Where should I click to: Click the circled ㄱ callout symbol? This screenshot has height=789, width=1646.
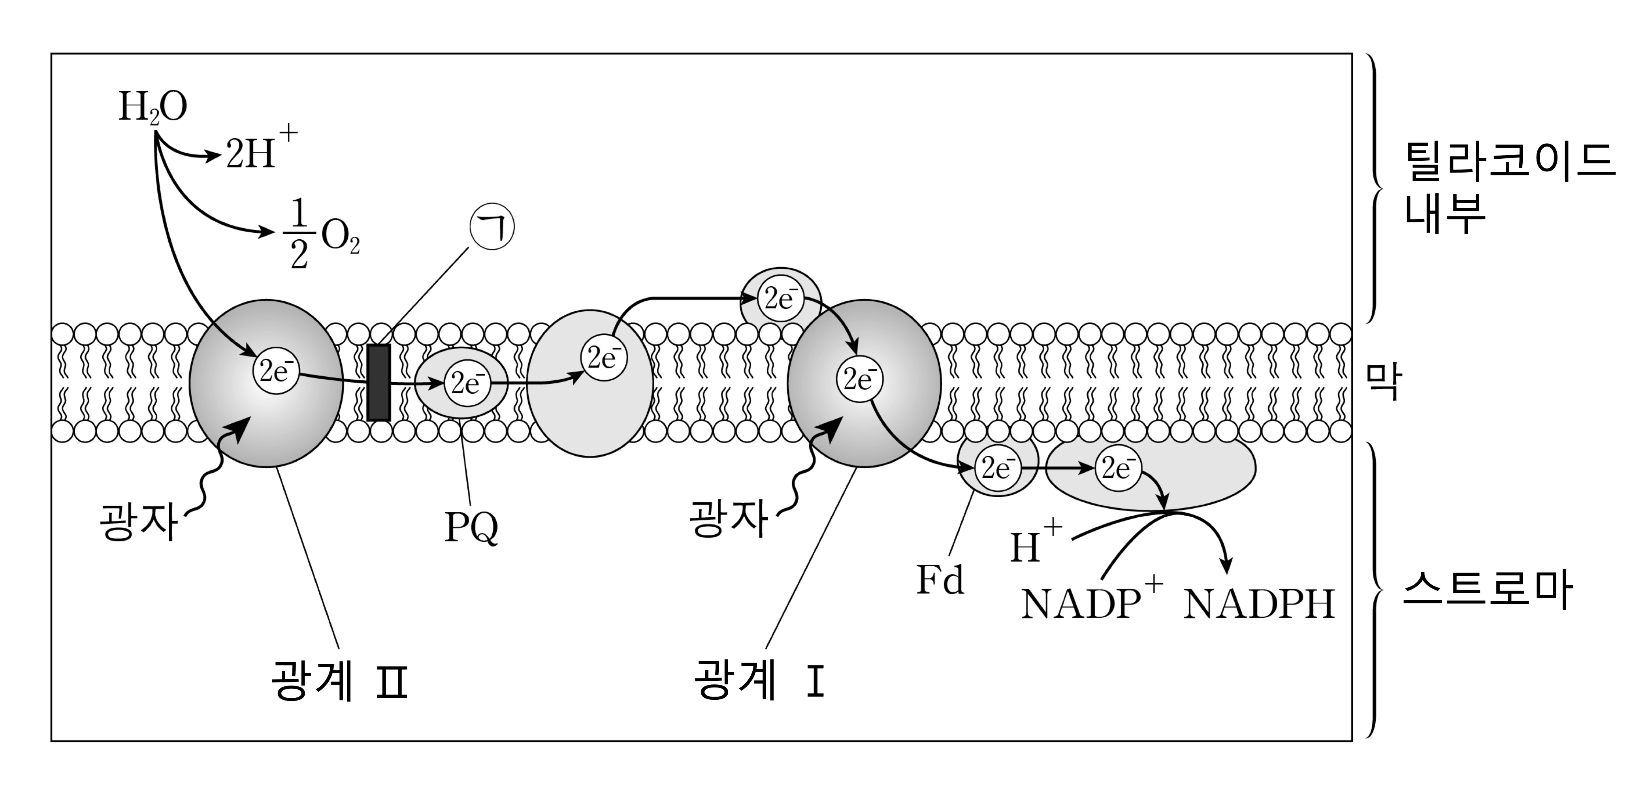click(x=492, y=228)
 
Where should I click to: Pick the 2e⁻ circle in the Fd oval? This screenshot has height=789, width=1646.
click(x=997, y=469)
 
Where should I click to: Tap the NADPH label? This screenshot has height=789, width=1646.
click(x=1259, y=604)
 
